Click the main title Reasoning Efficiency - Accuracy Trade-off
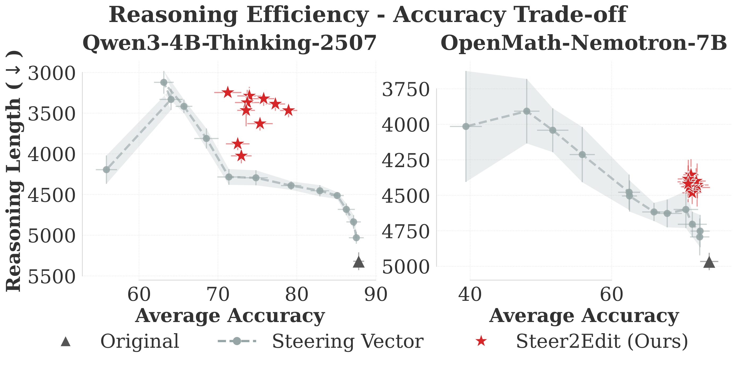point(368,15)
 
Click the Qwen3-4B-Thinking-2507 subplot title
point(229,43)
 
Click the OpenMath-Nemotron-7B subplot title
point(584,43)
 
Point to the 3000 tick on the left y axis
point(52,73)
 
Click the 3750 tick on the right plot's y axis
point(405,89)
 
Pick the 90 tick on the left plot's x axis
point(376,295)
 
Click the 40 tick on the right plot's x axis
point(469,295)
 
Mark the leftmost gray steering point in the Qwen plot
point(106,170)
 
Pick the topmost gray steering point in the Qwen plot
point(164,82)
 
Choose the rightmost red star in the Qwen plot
point(288,110)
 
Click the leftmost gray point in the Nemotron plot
point(466,126)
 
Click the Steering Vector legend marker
point(237,341)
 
